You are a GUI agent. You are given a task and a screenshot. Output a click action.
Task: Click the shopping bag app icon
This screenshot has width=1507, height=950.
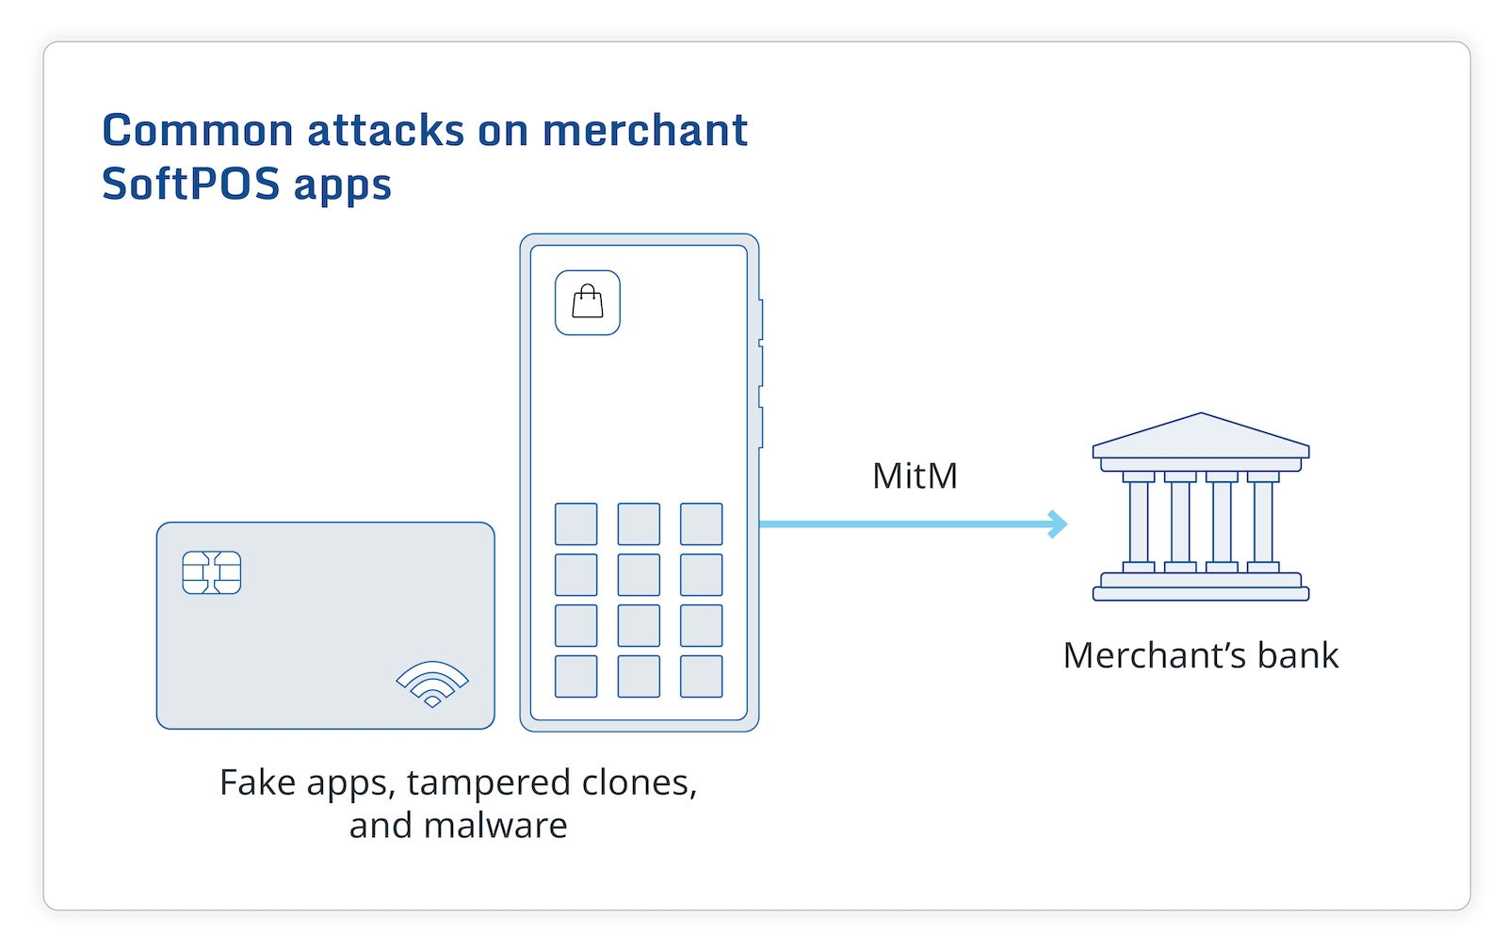click(588, 303)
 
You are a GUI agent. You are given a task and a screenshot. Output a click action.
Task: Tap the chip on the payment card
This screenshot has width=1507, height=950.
click(212, 572)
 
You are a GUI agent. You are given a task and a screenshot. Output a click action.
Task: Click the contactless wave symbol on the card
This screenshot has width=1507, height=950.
click(432, 684)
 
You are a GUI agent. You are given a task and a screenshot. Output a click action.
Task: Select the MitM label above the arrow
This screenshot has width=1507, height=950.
click(915, 476)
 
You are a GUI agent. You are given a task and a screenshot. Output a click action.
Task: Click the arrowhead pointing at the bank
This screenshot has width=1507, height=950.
click(1060, 523)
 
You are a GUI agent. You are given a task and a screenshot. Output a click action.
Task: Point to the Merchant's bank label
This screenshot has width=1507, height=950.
click(1200, 655)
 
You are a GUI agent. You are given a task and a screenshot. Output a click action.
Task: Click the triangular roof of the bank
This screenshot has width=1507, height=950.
click(1201, 437)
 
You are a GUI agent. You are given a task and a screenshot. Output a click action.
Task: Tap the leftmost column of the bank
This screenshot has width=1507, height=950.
click(1139, 522)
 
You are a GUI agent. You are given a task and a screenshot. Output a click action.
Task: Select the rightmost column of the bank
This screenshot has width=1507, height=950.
click(1263, 522)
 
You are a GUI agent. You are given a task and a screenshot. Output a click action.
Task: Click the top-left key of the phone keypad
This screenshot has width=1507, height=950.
click(575, 524)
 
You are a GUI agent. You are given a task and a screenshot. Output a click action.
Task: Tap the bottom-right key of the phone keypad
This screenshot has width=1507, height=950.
click(702, 676)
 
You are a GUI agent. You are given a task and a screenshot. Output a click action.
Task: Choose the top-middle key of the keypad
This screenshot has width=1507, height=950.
click(639, 524)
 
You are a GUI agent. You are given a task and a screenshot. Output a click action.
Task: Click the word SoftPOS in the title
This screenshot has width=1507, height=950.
click(191, 184)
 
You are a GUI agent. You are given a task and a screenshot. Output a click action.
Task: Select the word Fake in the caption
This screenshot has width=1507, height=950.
click(250, 782)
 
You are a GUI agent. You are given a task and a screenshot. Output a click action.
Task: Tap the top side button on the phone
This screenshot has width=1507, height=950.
click(760, 320)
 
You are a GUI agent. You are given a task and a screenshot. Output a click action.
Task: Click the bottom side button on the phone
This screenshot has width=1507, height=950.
click(760, 427)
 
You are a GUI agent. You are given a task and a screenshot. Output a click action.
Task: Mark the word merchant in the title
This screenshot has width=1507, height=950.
click(645, 131)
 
